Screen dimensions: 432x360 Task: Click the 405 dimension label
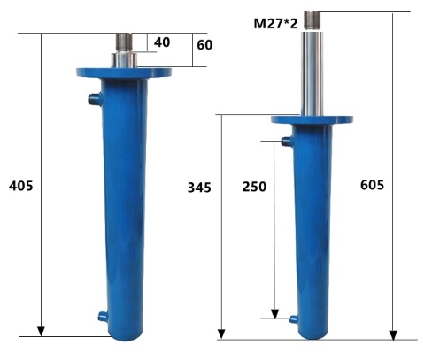click(21, 187)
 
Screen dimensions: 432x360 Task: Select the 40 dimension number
click(162, 42)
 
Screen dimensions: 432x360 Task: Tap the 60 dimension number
click(204, 45)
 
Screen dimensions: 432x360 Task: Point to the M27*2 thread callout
click(275, 23)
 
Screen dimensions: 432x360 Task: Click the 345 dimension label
click(199, 188)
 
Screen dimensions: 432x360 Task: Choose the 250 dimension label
click(254, 187)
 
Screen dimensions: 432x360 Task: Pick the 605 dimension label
click(372, 185)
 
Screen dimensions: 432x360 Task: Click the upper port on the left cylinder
click(95, 99)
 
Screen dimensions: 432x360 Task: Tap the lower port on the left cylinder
click(103, 317)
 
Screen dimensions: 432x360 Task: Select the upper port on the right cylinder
click(287, 142)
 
